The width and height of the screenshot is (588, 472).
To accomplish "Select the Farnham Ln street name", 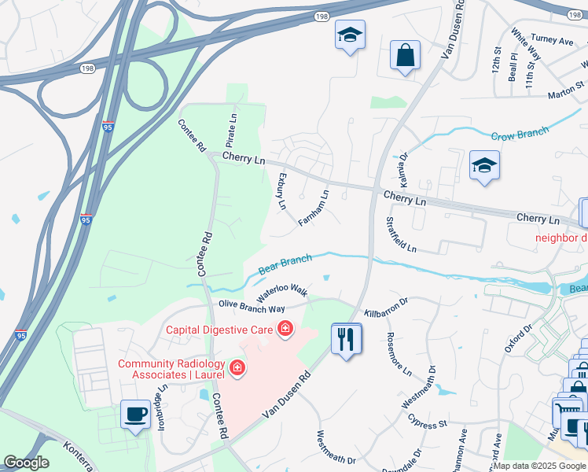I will tap(314, 208).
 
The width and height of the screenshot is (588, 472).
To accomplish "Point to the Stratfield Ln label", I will tap(401, 235).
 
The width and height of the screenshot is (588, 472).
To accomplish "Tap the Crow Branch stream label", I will tap(519, 135).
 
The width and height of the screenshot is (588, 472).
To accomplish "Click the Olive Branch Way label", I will tap(252, 308).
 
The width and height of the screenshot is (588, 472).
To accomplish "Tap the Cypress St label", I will tap(428, 421).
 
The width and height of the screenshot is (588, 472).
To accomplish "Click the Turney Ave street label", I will tap(553, 39).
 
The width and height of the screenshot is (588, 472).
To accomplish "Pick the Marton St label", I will tap(566, 90).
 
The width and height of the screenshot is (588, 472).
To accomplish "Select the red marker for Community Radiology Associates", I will tap(236, 367).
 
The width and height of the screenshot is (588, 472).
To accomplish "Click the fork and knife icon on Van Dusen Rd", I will tap(346, 339).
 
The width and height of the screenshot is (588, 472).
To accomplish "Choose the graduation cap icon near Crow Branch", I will tap(484, 165).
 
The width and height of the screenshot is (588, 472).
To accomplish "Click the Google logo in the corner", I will tap(26, 463).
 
